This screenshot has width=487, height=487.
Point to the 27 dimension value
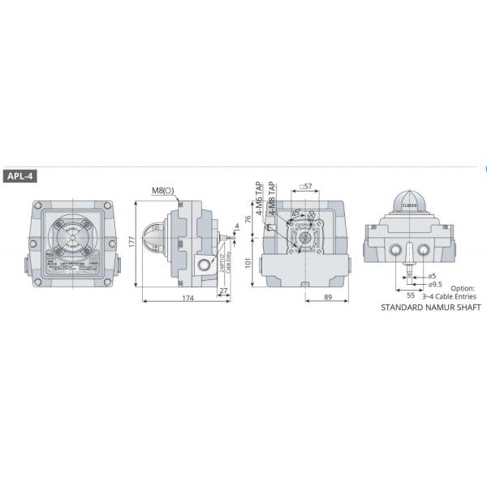223,289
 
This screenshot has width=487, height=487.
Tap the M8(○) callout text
162,192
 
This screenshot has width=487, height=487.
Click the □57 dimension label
306,187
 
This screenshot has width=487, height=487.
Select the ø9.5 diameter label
435,285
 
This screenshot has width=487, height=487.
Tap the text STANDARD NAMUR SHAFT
431,308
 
